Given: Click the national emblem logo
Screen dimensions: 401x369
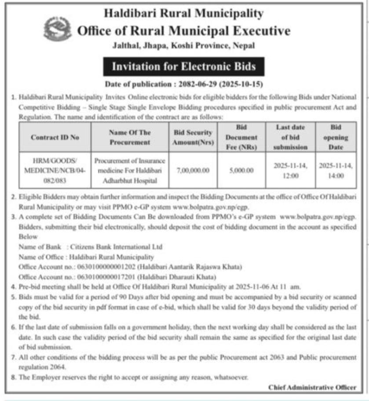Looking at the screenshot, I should point(57,30).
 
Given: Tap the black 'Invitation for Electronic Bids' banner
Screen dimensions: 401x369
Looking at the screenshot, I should point(184,67).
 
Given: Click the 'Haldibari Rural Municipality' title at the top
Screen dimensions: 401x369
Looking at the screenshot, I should point(184,13).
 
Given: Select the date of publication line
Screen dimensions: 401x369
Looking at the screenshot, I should point(184,84).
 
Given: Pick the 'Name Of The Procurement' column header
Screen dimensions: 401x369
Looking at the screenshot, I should point(130,137).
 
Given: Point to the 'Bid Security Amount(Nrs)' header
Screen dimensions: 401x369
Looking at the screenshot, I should point(192,137).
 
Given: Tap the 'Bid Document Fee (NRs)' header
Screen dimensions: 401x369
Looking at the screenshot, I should point(241,137).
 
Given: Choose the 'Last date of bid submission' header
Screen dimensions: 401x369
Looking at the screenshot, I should point(290,137).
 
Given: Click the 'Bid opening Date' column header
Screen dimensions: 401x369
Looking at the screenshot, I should point(336,137).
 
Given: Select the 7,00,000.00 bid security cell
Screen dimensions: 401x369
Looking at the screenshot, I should point(192,170).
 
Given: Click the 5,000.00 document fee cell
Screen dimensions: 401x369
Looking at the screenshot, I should point(241,170).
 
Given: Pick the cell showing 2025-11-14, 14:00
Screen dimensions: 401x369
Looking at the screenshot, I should point(336,170).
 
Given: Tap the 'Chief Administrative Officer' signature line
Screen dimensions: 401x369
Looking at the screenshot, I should point(312,387).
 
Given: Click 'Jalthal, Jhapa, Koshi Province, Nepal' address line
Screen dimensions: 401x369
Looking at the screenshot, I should point(184,46).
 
